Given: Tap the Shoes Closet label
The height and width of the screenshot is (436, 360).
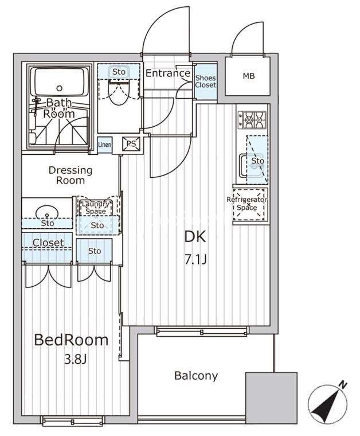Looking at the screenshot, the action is tap(205, 81).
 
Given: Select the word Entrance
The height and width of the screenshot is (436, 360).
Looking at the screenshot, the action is tap(168, 73).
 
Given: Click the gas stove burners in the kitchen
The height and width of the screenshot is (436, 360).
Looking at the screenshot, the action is tap(252, 120).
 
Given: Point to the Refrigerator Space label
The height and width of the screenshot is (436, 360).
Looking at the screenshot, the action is tap(247, 204).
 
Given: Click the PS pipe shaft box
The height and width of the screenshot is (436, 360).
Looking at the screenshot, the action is tap(131, 144).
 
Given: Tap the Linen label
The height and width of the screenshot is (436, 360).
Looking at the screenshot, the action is tap(105, 145).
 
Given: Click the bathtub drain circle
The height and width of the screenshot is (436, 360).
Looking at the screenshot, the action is tap(59, 88).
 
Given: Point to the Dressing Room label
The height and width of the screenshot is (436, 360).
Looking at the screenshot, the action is tap(71, 175).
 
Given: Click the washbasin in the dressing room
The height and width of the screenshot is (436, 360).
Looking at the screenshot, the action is tap(47, 212).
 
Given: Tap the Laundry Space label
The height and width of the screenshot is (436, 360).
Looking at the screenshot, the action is tap(95, 208).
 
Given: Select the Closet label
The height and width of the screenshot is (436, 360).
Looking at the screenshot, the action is tap(48, 243).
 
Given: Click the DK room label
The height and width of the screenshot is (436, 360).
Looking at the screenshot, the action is tap(195, 237).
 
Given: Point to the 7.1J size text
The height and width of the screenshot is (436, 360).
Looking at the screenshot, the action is tap(196, 260).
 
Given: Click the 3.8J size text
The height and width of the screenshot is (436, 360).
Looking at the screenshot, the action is tap(76, 359).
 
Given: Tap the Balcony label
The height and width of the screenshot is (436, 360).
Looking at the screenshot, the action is tap(196, 376).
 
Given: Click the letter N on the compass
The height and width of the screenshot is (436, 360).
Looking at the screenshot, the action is tap(343, 385).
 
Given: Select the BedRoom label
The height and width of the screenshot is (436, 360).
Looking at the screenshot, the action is tap(71, 340).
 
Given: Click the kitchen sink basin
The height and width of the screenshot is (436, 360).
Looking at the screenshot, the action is tap(251, 166).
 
